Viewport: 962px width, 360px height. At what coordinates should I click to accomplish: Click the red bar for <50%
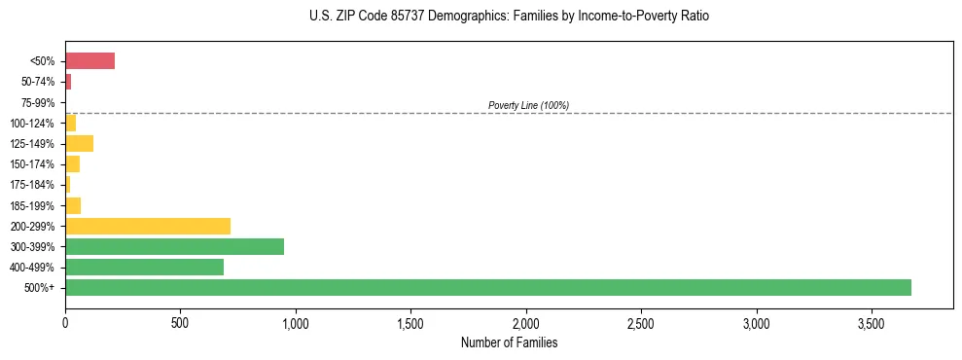[x=89, y=61]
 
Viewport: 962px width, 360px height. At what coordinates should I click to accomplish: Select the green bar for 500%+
[x=487, y=287]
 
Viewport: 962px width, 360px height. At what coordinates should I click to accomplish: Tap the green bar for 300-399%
[x=174, y=246]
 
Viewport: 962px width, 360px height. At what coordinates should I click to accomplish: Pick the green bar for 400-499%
[x=144, y=267]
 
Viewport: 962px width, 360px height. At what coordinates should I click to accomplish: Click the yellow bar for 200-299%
[x=148, y=226]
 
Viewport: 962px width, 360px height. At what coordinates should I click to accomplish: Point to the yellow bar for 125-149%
[x=79, y=144]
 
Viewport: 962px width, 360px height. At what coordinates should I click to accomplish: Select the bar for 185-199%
[x=73, y=205]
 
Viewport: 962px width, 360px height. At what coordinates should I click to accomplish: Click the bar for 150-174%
[x=72, y=164]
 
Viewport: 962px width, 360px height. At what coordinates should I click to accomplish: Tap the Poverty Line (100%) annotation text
[x=528, y=105]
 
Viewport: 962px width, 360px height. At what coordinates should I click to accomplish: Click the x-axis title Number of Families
[x=509, y=342]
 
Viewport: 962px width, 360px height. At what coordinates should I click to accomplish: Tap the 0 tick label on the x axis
[x=65, y=323]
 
